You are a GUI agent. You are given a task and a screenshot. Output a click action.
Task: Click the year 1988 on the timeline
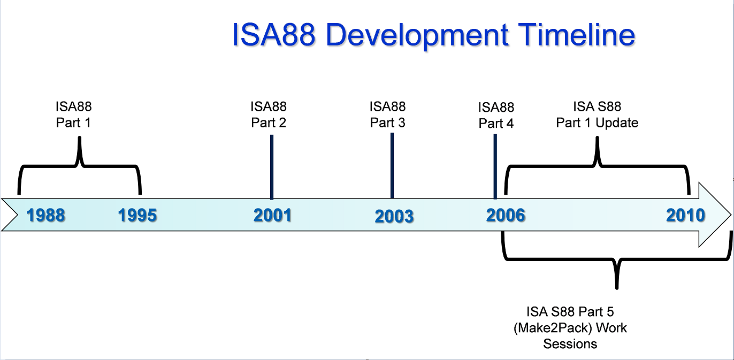pyautogui.click(x=46, y=216)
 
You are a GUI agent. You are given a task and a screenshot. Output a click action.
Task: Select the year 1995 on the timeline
pyautogui.click(x=137, y=216)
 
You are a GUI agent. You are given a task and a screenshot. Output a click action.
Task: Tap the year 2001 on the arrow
pyautogui.click(x=273, y=215)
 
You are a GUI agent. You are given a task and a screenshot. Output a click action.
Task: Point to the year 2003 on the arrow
pyautogui.click(x=394, y=217)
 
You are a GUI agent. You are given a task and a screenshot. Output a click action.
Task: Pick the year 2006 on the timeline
pyautogui.click(x=506, y=215)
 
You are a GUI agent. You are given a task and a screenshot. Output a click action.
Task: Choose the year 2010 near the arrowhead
pyautogui.click(x=685, y=215)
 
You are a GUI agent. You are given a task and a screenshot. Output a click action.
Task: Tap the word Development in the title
pyautogui.click(x=417, y=35)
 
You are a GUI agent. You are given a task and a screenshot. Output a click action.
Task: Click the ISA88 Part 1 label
pyautogui.click(x=74, y=115)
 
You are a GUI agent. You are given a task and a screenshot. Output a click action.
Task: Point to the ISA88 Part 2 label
pyautogui.click(x=269, y=115)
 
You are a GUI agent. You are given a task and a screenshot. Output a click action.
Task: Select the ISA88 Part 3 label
pyautogui.click(x=388, y=115)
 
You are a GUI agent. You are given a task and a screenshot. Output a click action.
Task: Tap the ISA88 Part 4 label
pyautogui.click(x=496, y=116)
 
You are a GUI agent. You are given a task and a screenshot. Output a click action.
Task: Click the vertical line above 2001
pyautogui.click(x=272, y=166)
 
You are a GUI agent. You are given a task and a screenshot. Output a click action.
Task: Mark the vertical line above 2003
pyautogui.click(x=392, y=165)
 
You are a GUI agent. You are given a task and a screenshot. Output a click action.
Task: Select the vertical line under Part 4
pyautogui.click(x=495, y=166)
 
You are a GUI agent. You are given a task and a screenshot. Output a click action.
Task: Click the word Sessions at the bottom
pyautogui.click(x=570, y=343)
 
